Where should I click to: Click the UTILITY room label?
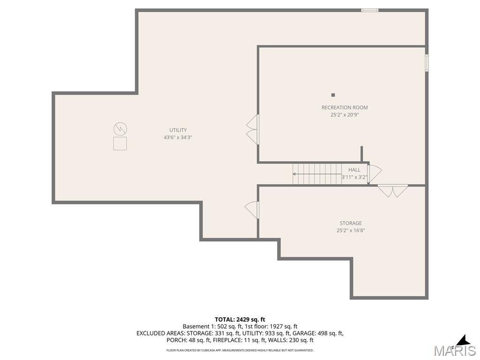(178, 130)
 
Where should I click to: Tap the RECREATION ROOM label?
(345, 107)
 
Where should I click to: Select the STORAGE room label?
(351, 223)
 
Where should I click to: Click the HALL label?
(354, 170)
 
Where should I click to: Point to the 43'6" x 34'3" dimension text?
(178, 137)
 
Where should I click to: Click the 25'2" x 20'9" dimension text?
(345, 115)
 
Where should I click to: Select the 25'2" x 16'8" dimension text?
(351, 231)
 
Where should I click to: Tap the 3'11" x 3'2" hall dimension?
(354, 177)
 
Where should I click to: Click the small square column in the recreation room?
(333, 95)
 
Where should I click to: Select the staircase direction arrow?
(317, 174)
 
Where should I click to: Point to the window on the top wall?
(369, 10)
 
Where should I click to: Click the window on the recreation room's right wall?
(427, 63)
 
